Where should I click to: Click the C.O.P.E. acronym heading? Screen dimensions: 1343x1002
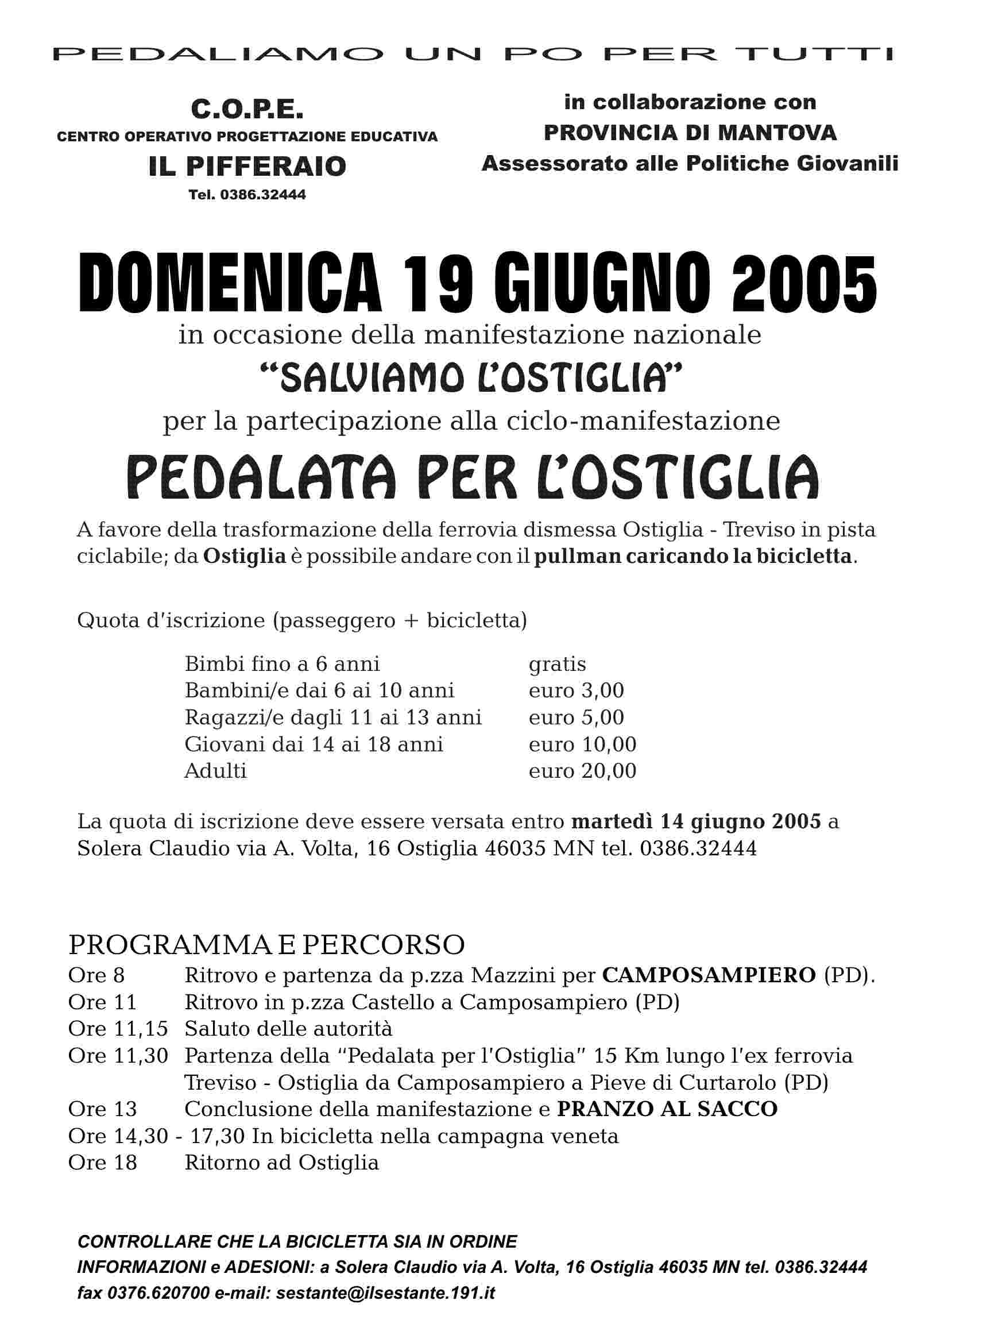pos(247,110)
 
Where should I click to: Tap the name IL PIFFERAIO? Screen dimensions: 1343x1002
pos(247,166)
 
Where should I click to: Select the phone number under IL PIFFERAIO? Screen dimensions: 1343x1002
pos(247,195)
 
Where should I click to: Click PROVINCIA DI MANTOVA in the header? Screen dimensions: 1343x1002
pos(690,133)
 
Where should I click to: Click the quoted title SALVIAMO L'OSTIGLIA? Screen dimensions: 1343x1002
pos(470,377)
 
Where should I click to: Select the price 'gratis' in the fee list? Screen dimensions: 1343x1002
pos(558,664)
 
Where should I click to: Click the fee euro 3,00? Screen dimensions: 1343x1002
pos(576,691)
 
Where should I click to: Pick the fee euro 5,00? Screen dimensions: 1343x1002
pos(576,717)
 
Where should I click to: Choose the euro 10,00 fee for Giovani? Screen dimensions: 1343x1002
pos(582,744)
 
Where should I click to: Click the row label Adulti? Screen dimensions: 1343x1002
pos(215,771)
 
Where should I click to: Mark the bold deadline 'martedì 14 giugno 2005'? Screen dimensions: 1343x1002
pos(697,822)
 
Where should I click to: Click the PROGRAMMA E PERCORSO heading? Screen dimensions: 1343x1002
pos(267,945)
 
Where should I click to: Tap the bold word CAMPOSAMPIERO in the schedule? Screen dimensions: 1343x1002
pos(709,975)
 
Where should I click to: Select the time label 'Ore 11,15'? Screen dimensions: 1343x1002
pos(118,1029)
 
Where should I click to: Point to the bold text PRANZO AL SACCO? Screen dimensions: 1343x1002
pos(667,1109)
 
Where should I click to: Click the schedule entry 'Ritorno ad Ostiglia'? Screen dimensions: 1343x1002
pos(282,1162)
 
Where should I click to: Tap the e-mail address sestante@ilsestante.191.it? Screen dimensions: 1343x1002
pos(385,1293)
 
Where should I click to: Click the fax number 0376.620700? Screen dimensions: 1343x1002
pos(159,1293)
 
